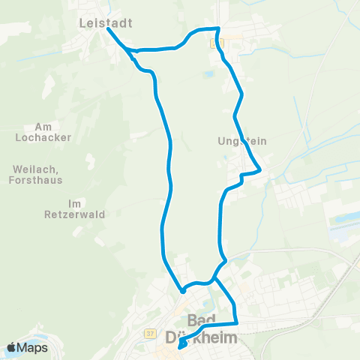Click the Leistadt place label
[x=105, y=23]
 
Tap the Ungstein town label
[x=241, y=140]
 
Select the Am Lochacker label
[x=42, y=133]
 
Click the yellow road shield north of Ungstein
[x=218, y=43]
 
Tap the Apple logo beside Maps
[x=13, y=348]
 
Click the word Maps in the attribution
[x=34, y=348]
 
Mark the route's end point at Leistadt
[x=109, y=31]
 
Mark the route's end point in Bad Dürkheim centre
[x=182, y=346]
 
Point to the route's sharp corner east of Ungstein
[x=259, y=171]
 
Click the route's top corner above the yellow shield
[x=217, y=28]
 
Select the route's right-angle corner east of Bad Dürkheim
[x=236, y=324]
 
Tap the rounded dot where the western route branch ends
[x=183, y=290]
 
